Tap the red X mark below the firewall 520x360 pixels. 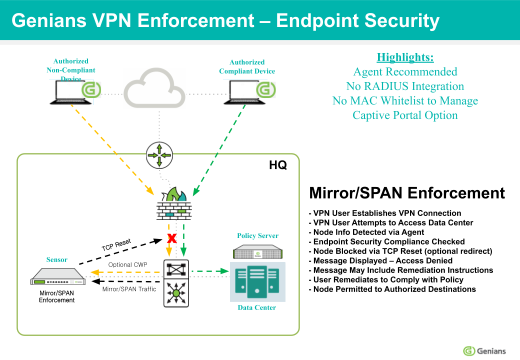(x=171, y=238)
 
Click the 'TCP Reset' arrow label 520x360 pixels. (x=116, y=245)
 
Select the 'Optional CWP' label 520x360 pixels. (x=127, y=265)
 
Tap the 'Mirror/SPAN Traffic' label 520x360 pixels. (x=129, y=289)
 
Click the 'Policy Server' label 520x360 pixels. (x=257, y=235)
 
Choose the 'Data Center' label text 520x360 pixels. (x=256, y=307)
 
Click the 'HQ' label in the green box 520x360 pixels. (x=278, y=165)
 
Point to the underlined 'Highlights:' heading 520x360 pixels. (x=405, y=57)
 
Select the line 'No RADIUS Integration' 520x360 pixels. (x=405, y=86)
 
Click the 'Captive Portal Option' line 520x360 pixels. (x=405, y=115)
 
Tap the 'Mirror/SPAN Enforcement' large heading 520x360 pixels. (x=407, y=193)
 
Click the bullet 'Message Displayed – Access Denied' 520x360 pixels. (x=382, y=260)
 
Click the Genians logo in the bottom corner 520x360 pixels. (x=484, y=350)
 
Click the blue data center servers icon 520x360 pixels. (x=257, y=281)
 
